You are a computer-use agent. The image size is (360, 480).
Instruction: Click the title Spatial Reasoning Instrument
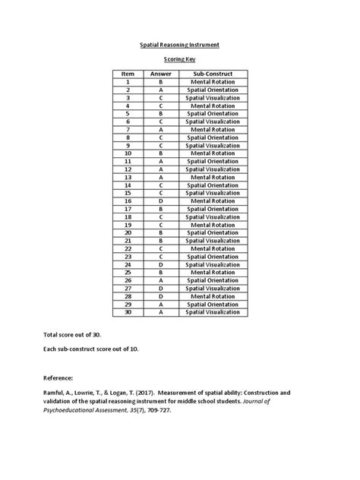pos(180,46)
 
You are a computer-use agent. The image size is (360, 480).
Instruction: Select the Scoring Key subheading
pos(180,58)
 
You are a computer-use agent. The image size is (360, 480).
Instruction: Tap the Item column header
pos(128,73)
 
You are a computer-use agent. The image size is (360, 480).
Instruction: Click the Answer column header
pos(161,73)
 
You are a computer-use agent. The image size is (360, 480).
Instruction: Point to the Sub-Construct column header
pos(213,73)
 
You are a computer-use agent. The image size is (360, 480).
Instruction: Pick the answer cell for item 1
pos(161,81)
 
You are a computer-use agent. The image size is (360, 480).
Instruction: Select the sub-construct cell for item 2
pos(213,90)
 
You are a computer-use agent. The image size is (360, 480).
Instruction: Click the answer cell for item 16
pos(161,201)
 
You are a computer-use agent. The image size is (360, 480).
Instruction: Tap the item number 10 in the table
pos(128,153)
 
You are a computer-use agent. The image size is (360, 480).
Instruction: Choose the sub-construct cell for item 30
pos(213,311)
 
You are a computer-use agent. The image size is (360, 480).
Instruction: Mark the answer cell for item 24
pos(161,264)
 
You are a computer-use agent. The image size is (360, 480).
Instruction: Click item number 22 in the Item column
pos(128,248)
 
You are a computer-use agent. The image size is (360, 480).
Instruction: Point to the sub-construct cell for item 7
pos(213,129)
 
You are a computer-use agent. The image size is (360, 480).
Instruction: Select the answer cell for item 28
pos(161,295)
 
